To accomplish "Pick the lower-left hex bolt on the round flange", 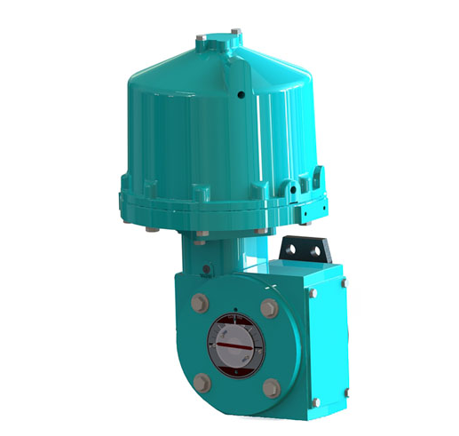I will [203, 383].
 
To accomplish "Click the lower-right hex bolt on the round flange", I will [271, 387].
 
